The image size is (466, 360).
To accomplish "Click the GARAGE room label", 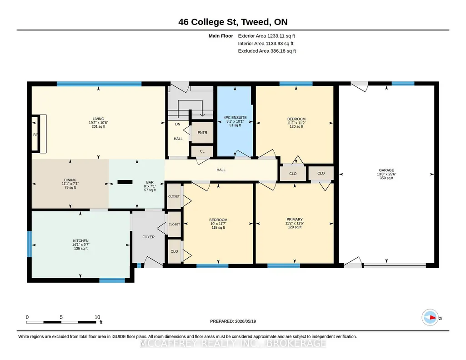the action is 386,170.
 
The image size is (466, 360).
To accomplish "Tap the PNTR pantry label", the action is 202,132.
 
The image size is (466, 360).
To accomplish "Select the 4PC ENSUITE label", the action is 235,118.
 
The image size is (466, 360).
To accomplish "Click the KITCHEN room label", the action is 80,241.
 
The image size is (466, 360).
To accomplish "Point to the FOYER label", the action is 148,237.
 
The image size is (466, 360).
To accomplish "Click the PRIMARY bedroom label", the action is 295,220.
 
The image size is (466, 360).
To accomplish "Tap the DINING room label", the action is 70,180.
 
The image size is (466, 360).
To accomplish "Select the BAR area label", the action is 150,182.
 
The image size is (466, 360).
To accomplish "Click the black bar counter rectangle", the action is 125,182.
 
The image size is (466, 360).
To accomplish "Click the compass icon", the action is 430,318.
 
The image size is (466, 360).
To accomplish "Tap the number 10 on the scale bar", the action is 97,317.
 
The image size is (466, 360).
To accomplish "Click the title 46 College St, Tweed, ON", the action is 233,22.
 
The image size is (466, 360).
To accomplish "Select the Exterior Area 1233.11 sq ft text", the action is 266,36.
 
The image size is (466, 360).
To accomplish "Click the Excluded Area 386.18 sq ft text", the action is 267,51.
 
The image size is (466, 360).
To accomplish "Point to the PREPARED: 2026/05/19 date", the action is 233,321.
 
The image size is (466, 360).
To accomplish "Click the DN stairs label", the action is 177,124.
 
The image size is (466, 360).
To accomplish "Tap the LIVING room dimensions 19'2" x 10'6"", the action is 98,123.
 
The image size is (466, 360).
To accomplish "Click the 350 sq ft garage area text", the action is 386,178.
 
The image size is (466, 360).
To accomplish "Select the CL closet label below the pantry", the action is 202,151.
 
